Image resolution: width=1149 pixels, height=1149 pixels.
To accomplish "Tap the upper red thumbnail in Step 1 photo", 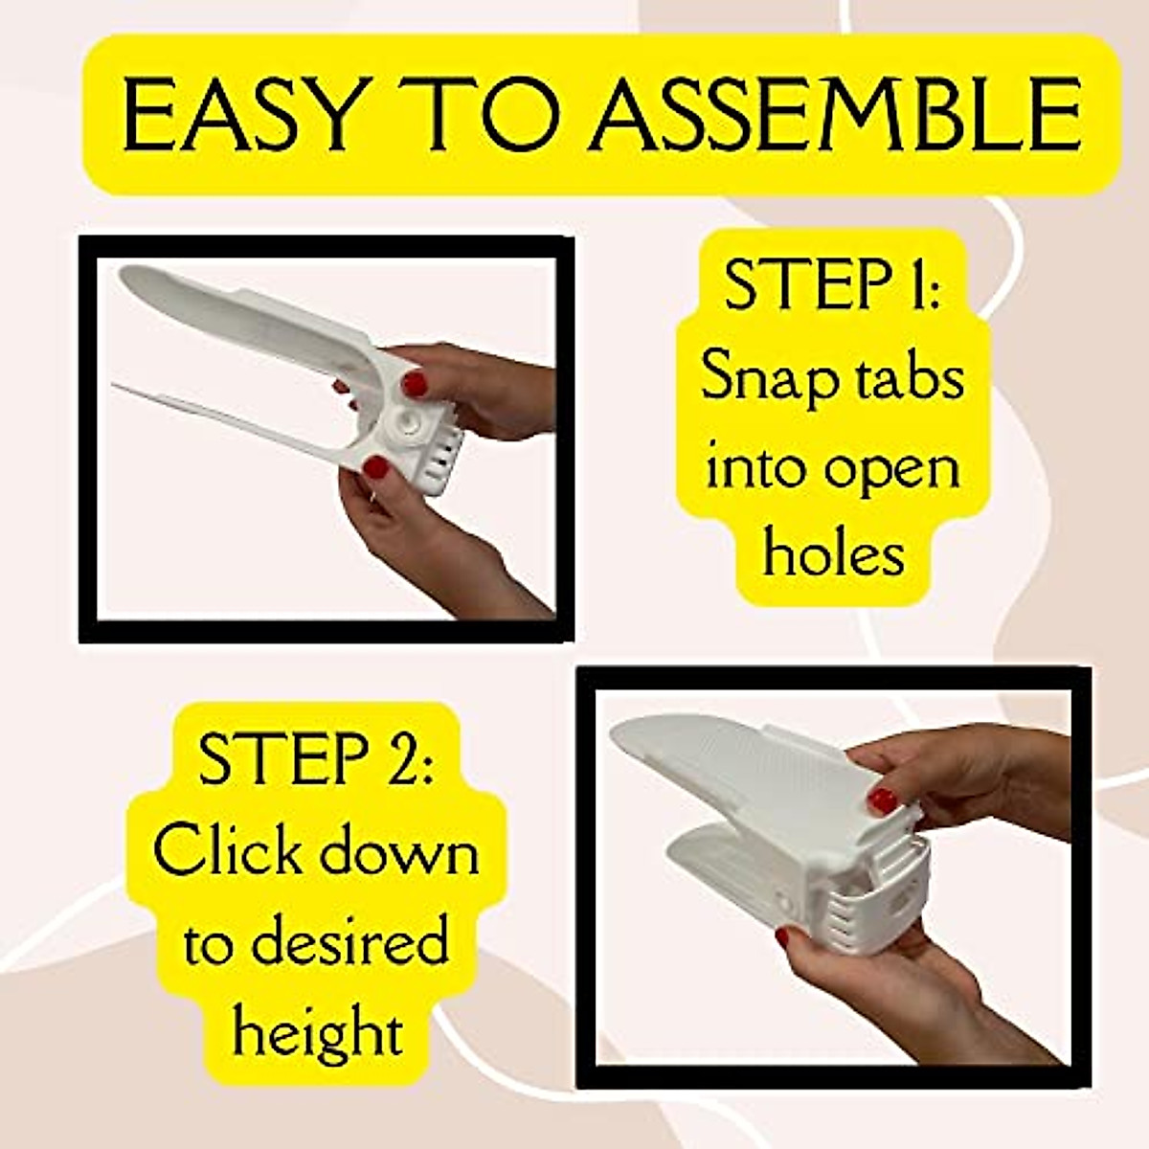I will [x=414, y=384].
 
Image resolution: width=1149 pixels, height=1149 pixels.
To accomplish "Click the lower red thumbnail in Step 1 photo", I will [x=376, y=468].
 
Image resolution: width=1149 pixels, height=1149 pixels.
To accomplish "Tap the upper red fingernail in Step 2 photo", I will [x=880, y=800].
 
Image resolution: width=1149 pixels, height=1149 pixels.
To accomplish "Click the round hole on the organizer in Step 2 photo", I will [x=902, y=902].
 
